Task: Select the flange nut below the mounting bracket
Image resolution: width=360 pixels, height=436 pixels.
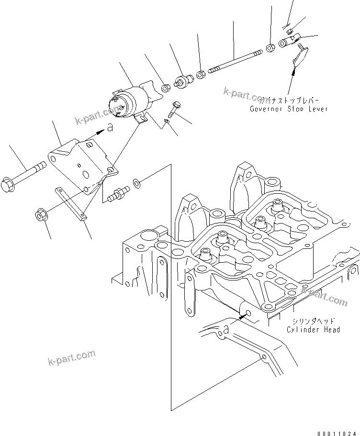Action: click(42, 216)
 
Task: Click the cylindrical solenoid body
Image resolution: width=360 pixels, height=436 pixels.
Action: click(128, 101)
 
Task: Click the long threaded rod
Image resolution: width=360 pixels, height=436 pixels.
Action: click(235, 60)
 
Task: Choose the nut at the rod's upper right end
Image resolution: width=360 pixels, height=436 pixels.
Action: click(270, 47)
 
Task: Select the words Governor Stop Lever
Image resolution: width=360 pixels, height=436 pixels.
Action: click(289, 109)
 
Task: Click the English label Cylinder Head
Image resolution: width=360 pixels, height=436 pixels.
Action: click(314, 329)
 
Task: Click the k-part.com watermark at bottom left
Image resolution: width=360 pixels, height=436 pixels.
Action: click(71, 357)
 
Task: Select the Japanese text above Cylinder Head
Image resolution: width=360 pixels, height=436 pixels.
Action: click(314, 321)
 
